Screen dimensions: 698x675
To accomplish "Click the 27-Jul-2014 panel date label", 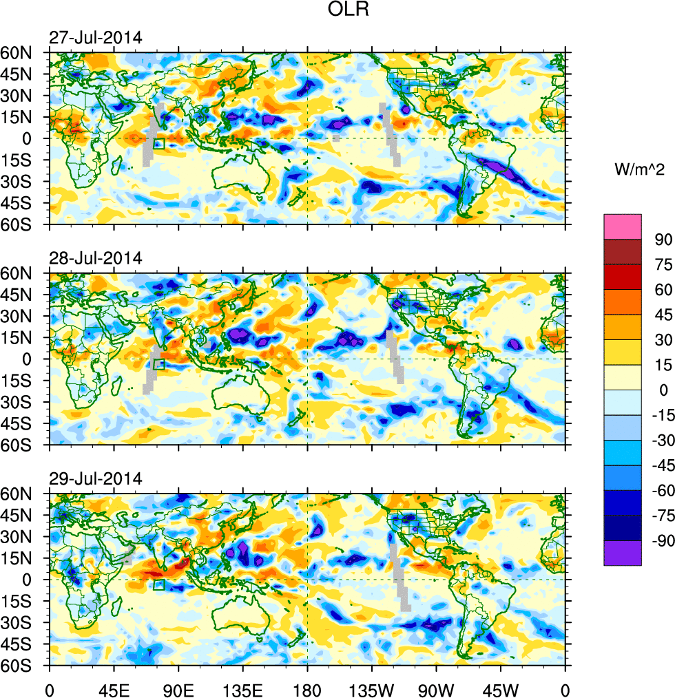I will point(95,38).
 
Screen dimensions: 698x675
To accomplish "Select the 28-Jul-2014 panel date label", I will point(95,258).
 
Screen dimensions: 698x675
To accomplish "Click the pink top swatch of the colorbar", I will point(623,226).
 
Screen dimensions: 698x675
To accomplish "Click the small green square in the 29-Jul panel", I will point(159,585).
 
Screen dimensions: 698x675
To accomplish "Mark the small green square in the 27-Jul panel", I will point(159,144).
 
